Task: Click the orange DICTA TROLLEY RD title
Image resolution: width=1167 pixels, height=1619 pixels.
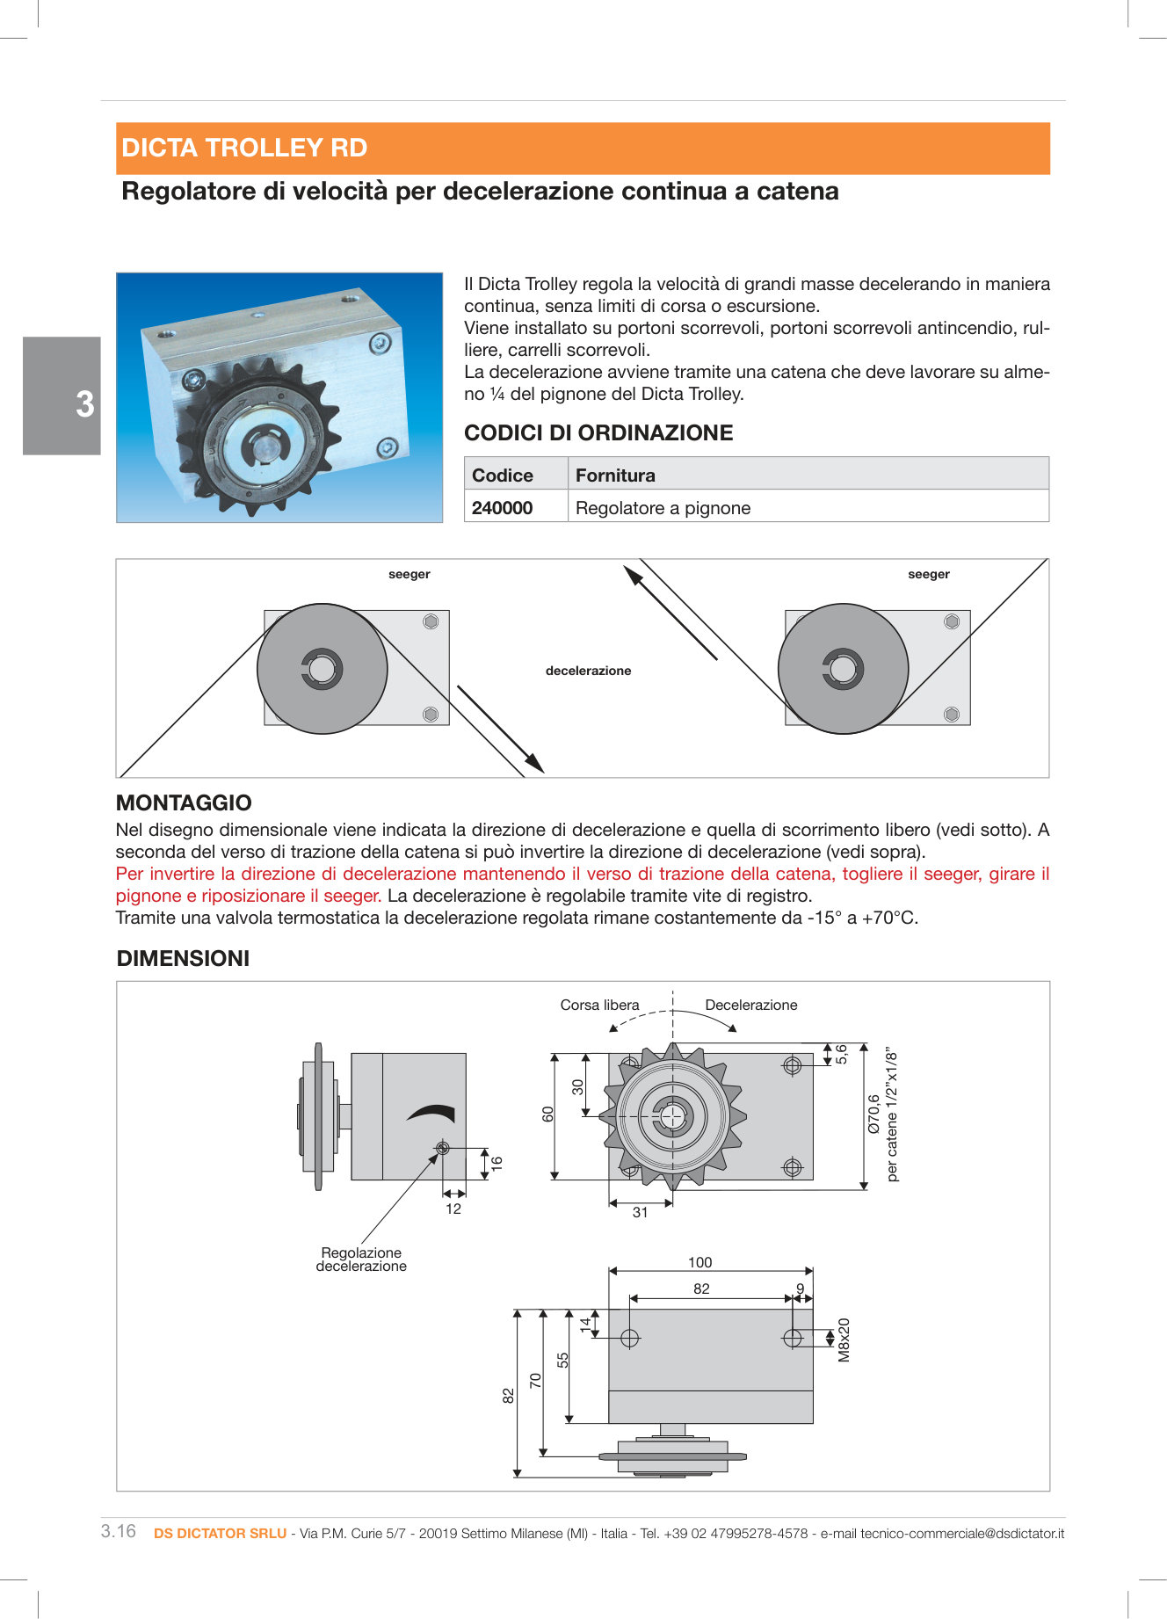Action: (x=244, y=148)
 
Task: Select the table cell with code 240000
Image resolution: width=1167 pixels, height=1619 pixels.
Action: (x=502, y=508)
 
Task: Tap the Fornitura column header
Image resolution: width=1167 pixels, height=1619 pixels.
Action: (x=615, y=476)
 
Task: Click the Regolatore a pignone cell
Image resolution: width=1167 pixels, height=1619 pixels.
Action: (x=663, y=508)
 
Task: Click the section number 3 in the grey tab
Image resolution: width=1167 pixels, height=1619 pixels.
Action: (x=84, y=404)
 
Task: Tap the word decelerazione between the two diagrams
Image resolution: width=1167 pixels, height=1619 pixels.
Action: (x=588, y=671)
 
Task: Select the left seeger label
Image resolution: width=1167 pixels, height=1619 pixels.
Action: (x=409, y=574)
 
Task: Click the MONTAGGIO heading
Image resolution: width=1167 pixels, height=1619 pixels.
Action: (x=184, y=802)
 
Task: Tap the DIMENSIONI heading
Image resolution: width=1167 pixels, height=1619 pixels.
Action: (x=183, y=958)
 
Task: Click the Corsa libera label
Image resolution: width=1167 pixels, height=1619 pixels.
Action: (x=599, y=1005)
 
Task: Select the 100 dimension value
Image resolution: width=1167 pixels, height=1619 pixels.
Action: (x=699, y=1262)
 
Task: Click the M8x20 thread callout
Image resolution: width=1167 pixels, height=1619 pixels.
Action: (x=844, y=1339)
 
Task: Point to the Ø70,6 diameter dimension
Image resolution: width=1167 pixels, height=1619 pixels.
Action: (x=873, y=1114)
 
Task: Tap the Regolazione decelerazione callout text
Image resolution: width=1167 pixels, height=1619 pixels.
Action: (x=361, y=1260)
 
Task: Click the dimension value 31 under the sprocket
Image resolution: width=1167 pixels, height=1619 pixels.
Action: (x=640, y=1212)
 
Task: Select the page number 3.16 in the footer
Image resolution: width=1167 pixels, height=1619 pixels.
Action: (x=119, y=1531)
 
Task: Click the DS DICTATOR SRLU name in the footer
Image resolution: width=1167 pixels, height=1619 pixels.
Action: (x=220, y=1533)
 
